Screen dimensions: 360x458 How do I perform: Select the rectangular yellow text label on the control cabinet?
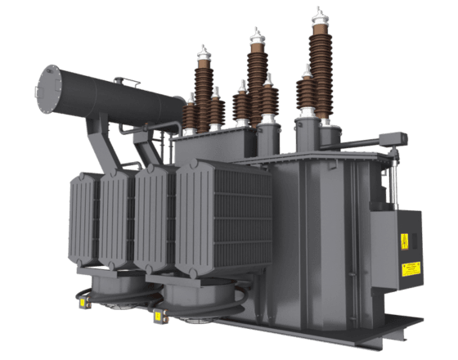(x=411, y=268)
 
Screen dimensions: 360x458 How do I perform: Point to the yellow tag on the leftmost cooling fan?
(x=81, y=303)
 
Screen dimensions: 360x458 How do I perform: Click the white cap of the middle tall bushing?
(x=257, y=37)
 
